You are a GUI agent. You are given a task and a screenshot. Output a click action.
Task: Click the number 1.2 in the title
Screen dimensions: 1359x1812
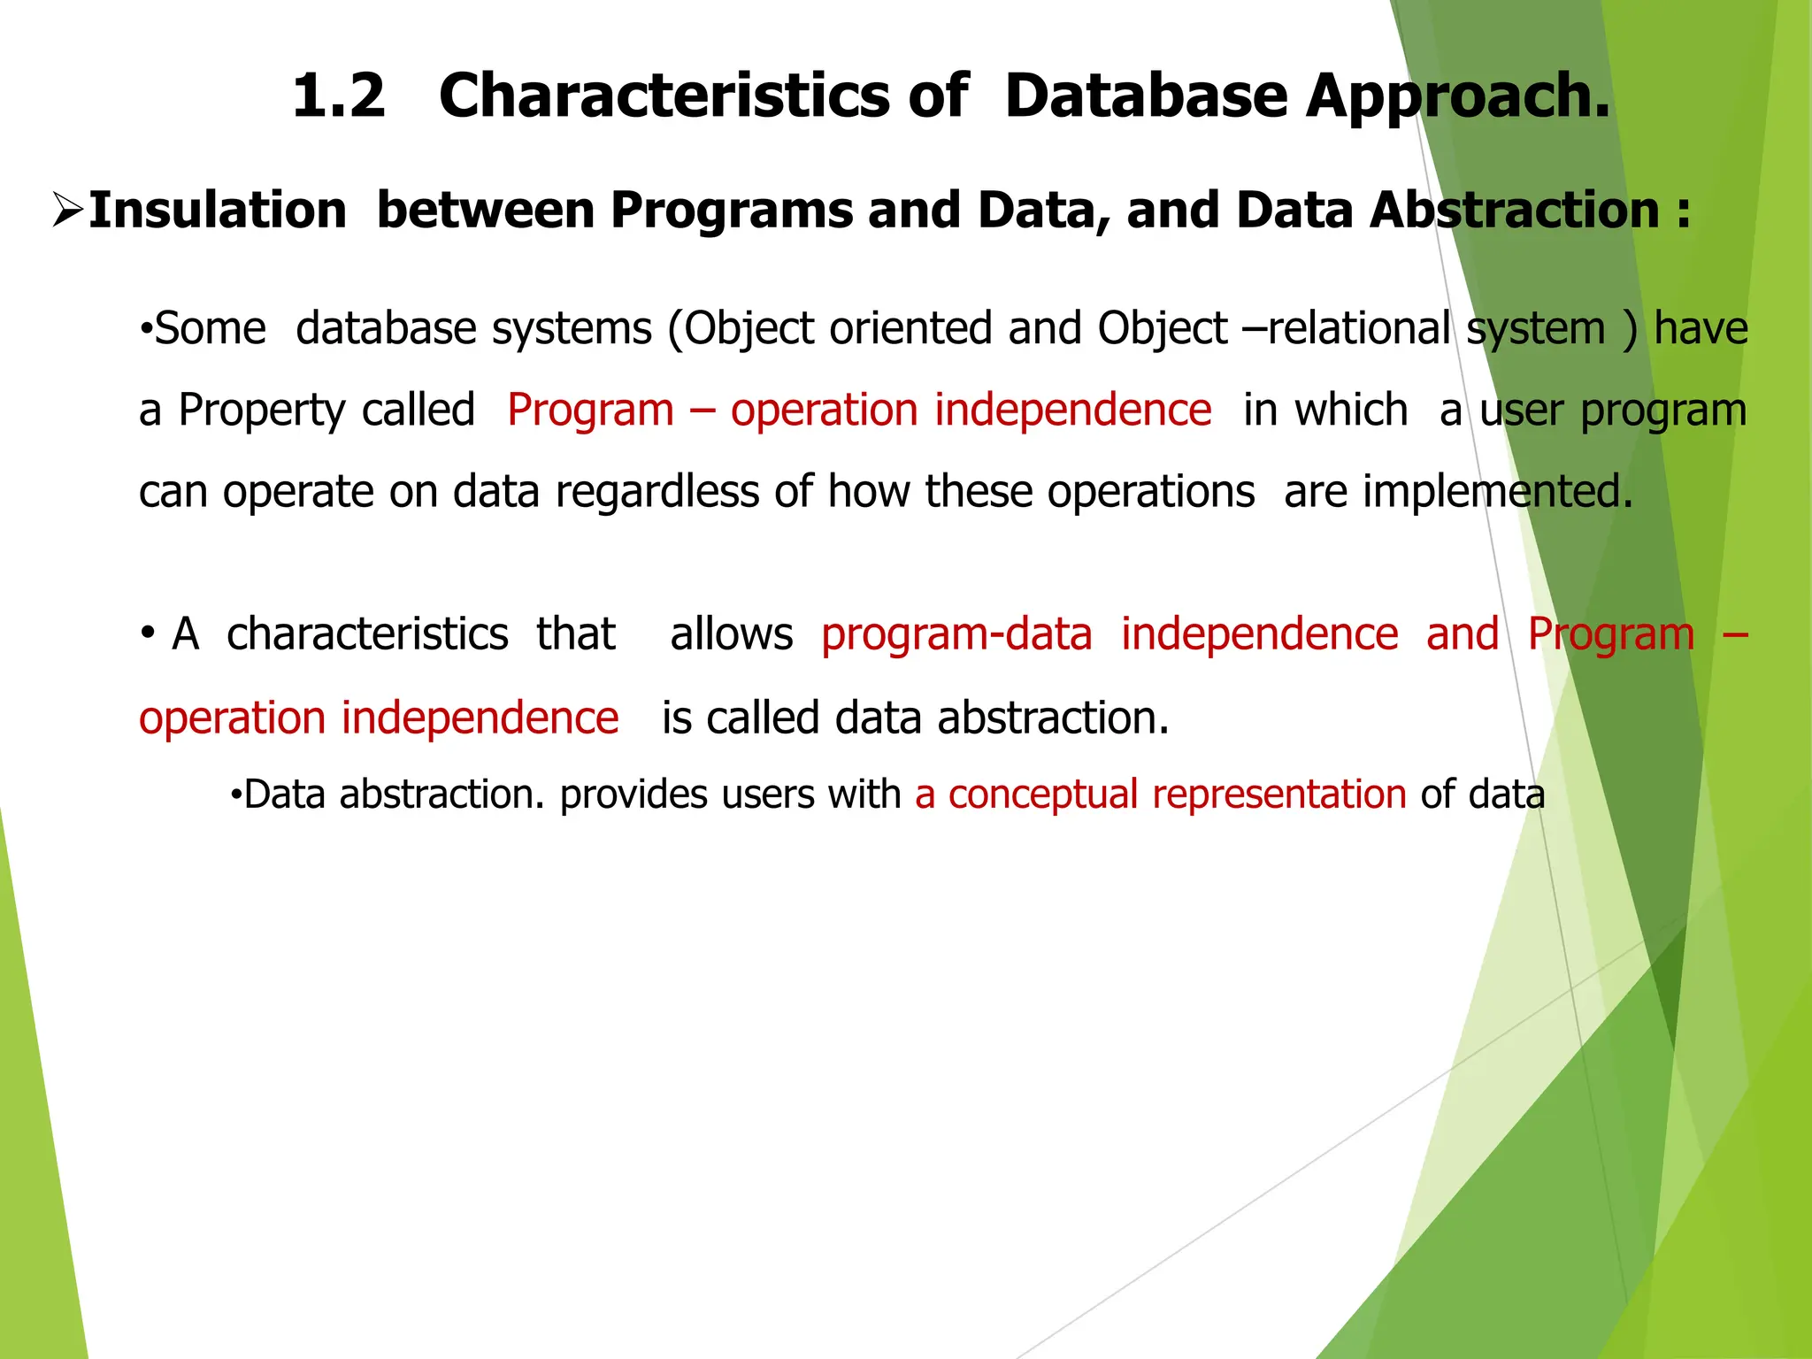coord(339,96)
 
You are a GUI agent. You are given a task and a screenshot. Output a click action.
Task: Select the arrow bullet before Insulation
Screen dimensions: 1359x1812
coord(67,211)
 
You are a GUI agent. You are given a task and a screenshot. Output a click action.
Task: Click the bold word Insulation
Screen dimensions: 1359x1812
coord(218,211)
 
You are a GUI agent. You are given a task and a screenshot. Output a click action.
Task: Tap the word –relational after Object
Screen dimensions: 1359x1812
coord(1346,329)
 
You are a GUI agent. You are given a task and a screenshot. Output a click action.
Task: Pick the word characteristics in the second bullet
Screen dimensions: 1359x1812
coord(367,634)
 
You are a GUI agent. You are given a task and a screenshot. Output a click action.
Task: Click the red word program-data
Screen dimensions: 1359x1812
coord(956,634)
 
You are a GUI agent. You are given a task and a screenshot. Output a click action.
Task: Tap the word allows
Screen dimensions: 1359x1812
coord(731,634)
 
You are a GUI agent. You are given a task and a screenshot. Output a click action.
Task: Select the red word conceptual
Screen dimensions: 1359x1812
coord(1042,795)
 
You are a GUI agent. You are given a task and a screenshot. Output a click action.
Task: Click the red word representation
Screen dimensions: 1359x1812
coord(1278,795)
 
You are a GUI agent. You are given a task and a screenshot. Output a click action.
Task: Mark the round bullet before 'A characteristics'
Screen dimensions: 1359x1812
coord(149,634)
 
